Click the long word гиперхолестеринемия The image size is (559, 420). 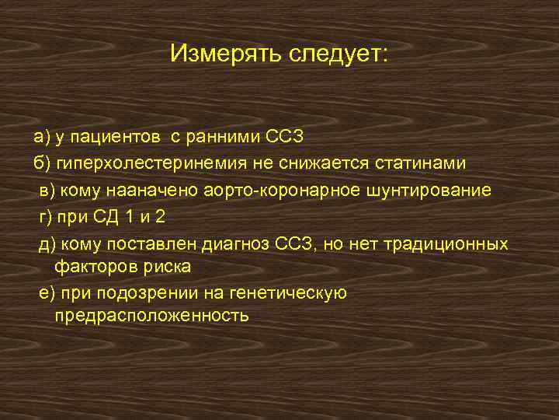tap(148, 164)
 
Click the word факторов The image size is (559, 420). tap(89, 266)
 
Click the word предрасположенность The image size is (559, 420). tap(152, 315)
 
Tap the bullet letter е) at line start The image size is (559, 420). tap(46, 293)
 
